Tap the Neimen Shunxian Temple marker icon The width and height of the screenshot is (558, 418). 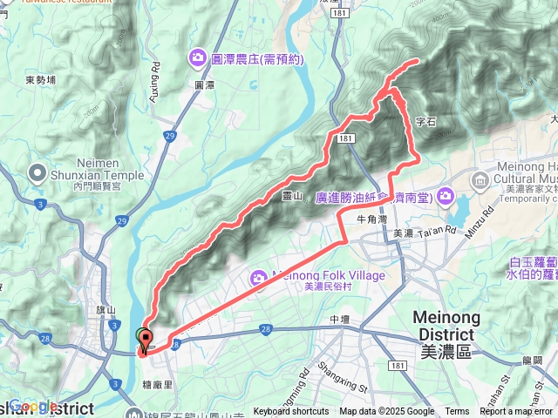point(37,173)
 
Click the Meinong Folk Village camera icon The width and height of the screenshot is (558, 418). point(258,278)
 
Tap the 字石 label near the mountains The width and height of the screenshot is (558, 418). point(425,123)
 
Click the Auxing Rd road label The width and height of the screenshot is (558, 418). point(155,82)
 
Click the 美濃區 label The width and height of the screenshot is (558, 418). point(445,352)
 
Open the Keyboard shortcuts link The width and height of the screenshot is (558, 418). point(291,412)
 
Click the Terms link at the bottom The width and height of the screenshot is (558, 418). point(457,412)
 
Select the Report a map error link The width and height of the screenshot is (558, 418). point(515,412)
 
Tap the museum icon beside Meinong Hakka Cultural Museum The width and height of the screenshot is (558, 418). point(479,180)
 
